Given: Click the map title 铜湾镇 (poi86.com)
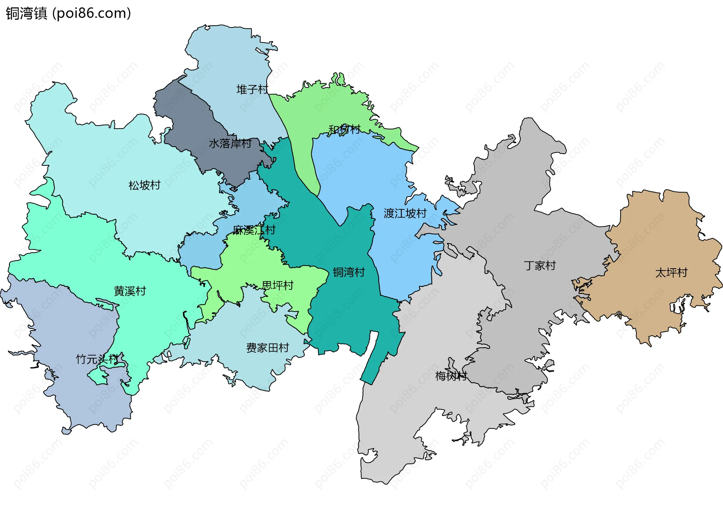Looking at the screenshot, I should (x=68, y=14).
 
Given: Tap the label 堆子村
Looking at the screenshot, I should (x=252, y=90).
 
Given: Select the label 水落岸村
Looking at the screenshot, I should (x=230, y=144).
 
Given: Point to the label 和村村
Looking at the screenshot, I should (x=344, y=130).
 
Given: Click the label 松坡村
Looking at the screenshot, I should (x=145, y=185).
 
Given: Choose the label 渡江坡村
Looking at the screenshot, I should (x=405, y=214).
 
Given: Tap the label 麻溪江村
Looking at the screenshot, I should (x=254, y=230).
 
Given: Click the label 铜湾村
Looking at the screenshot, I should (x=349, y=272).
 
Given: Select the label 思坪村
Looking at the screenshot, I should (x=278, y=286).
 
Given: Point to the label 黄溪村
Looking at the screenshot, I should (x=130, y=291).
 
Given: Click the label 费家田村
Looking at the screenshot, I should (x=267, y=348).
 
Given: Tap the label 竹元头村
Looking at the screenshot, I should (x=97, y=359).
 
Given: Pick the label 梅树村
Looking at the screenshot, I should (x=451, y=376).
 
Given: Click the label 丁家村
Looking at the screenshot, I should (x=540, y=266).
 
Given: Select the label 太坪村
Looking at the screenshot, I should (x=671, y=273).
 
